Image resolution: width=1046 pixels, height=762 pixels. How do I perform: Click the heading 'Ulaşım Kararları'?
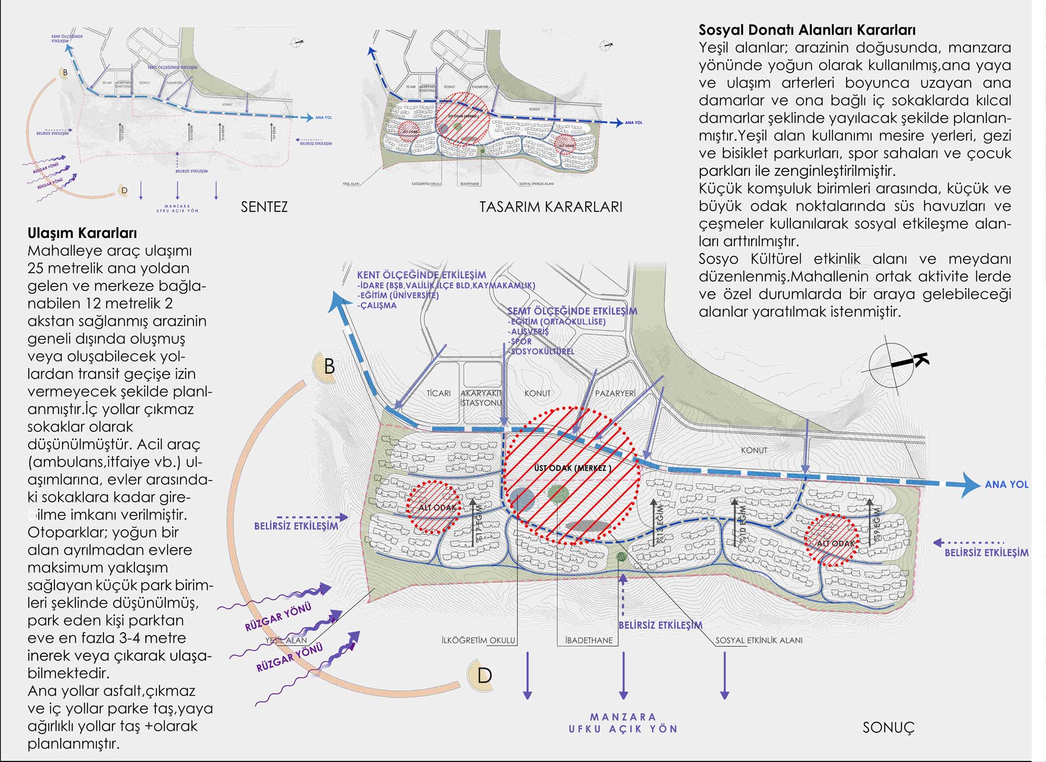pyautogui.click(x=82, y=233)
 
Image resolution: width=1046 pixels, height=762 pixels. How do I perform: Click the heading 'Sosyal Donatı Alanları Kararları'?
pyautogui.click(x=807, y=30)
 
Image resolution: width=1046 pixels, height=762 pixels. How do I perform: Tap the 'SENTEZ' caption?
pyautogui.click(x=264, y=207)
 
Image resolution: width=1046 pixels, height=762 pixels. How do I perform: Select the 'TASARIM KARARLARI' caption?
pyautogui.click(x=551, y=207)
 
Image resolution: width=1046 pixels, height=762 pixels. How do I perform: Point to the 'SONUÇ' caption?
pyautogui.click(x=888, y=727)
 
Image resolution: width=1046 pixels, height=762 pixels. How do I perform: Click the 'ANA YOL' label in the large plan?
pyautogui.click(x=1006, y=485)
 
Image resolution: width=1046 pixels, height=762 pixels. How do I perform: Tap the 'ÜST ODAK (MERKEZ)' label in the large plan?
pyautogui.click(x=573, y=468)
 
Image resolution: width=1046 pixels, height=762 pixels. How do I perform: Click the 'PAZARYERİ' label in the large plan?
pyautogui.click(x=615, y=393)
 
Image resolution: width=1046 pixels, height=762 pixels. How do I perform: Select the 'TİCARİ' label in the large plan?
pyautogui.click(x=438, y=393)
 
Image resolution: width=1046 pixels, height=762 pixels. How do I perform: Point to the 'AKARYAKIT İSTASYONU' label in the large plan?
pyautogui.click(x=481, y=398)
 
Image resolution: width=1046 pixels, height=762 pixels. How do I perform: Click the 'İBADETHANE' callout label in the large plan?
pyautogui.click(x=589, y=640)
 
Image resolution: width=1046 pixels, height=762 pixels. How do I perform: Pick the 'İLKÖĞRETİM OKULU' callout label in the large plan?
pyautogui.click(x=478, y=640)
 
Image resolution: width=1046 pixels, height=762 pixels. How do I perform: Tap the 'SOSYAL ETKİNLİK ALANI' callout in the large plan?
pyautogui.click(x=759, y=640)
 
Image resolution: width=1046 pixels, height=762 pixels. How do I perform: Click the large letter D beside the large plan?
pyautogui.click(x=484, y=675)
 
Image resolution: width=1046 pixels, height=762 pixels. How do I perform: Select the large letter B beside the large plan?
pyautogui.click(x=329, y=366)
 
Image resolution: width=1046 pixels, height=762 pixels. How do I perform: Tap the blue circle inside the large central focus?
pyautogui.click(x=521, y=499)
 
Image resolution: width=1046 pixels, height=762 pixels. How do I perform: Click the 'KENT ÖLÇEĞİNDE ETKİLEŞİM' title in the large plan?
pyautogui.click(x=422, y=275)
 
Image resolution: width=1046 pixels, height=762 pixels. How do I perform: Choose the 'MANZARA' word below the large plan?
pyautogui.click(x=623, y=717)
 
